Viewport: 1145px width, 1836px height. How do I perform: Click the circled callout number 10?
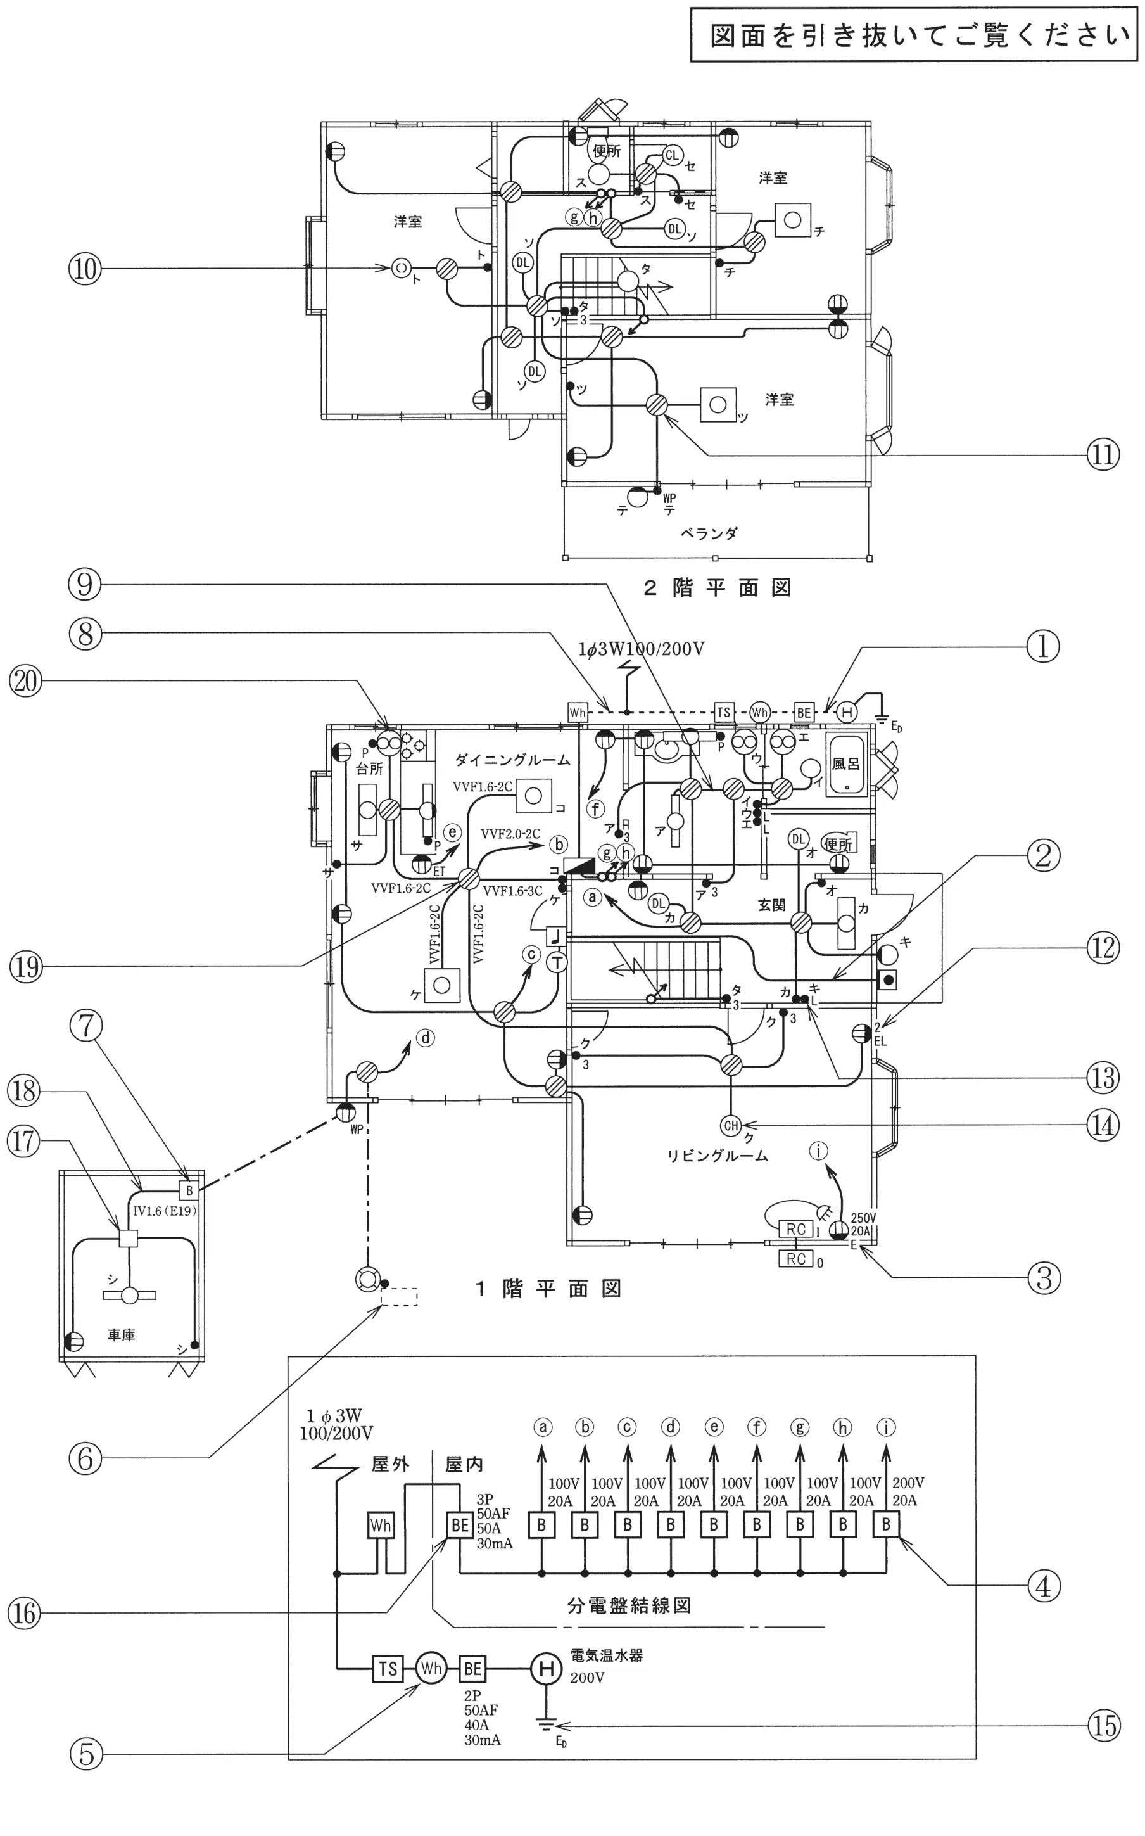click(x=85, y=268)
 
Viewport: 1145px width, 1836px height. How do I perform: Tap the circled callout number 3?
click(x=1044, y=1278)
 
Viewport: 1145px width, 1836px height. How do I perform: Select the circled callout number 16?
click(x=24, y=1614)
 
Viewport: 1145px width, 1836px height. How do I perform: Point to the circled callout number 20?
click(x=25, y=681)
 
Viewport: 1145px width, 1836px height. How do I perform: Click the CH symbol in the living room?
click(x=731, y=1126)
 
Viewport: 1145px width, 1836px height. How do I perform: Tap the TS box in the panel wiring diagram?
click(x=388, y=1669)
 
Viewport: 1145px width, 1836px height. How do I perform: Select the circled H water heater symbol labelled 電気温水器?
click(x=545, y=1669)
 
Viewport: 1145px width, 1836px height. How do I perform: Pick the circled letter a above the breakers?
click(x=542, y=1427)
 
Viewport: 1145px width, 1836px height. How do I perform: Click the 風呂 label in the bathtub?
click(x=845, y=763)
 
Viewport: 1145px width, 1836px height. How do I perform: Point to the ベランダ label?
click(x=709, y=533)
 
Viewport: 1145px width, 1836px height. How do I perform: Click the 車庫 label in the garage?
click(x=120, y=1335)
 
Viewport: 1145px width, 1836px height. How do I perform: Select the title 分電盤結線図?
click(x=629, y=1605)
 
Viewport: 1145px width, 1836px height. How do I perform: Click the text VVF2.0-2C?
click(x=510, y=834)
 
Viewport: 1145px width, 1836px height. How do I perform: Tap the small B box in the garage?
click(x=189, y=1190)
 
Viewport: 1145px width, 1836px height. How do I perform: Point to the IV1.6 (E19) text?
click(x=165, y=1211)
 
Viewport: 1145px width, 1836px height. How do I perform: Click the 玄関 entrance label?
click(x=771, y=905)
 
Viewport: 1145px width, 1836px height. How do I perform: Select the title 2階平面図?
click(x=717, y=589)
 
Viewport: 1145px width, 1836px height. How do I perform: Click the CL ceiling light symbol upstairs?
click(x=672, y=156)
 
